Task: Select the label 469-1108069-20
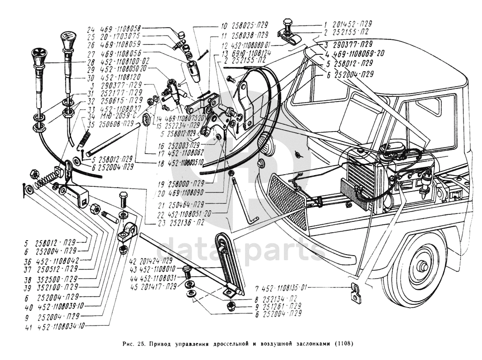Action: click(x=356, y=53)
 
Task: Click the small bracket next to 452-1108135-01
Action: click(x=354, y=292)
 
